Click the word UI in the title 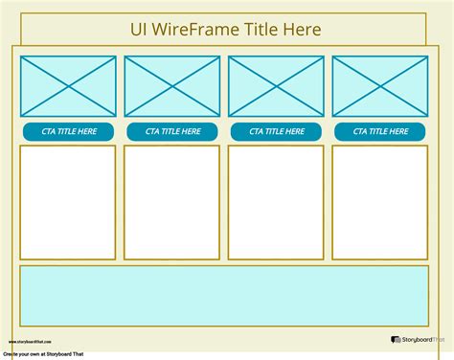pyautogui.click(x=140, y=30)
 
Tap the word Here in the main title pyautogui.click(x=301, y=30)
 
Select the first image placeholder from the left pyautogui.click(x=68, y=86)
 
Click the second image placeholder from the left pyautogui.click(x=172, y=86)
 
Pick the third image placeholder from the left pyautogui.click(x=276, y=86)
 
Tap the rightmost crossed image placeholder pyautogui.click(x=380, y=86)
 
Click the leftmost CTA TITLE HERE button pyautogui.click(x=68, y=131)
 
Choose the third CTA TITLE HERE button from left pyautogui.click(x=276, y=131)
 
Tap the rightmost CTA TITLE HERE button pyautogui.click(x=380, y=131)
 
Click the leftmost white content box pyautogui.click(x=68, y=202)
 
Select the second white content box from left pyautogui.click(x=172, y=202)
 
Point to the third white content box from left pyautogui.click(x=276, y=202)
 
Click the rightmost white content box pyautogui.click(x=380, y=202)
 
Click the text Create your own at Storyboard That pyautogui.click(x=43, y=354)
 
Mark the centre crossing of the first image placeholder pyautogui.click(x=68, y=86)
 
